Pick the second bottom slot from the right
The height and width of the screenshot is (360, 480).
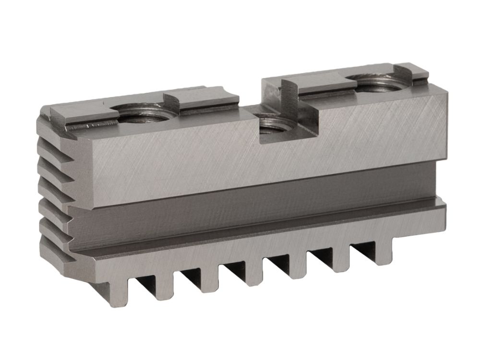(320, 257)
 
